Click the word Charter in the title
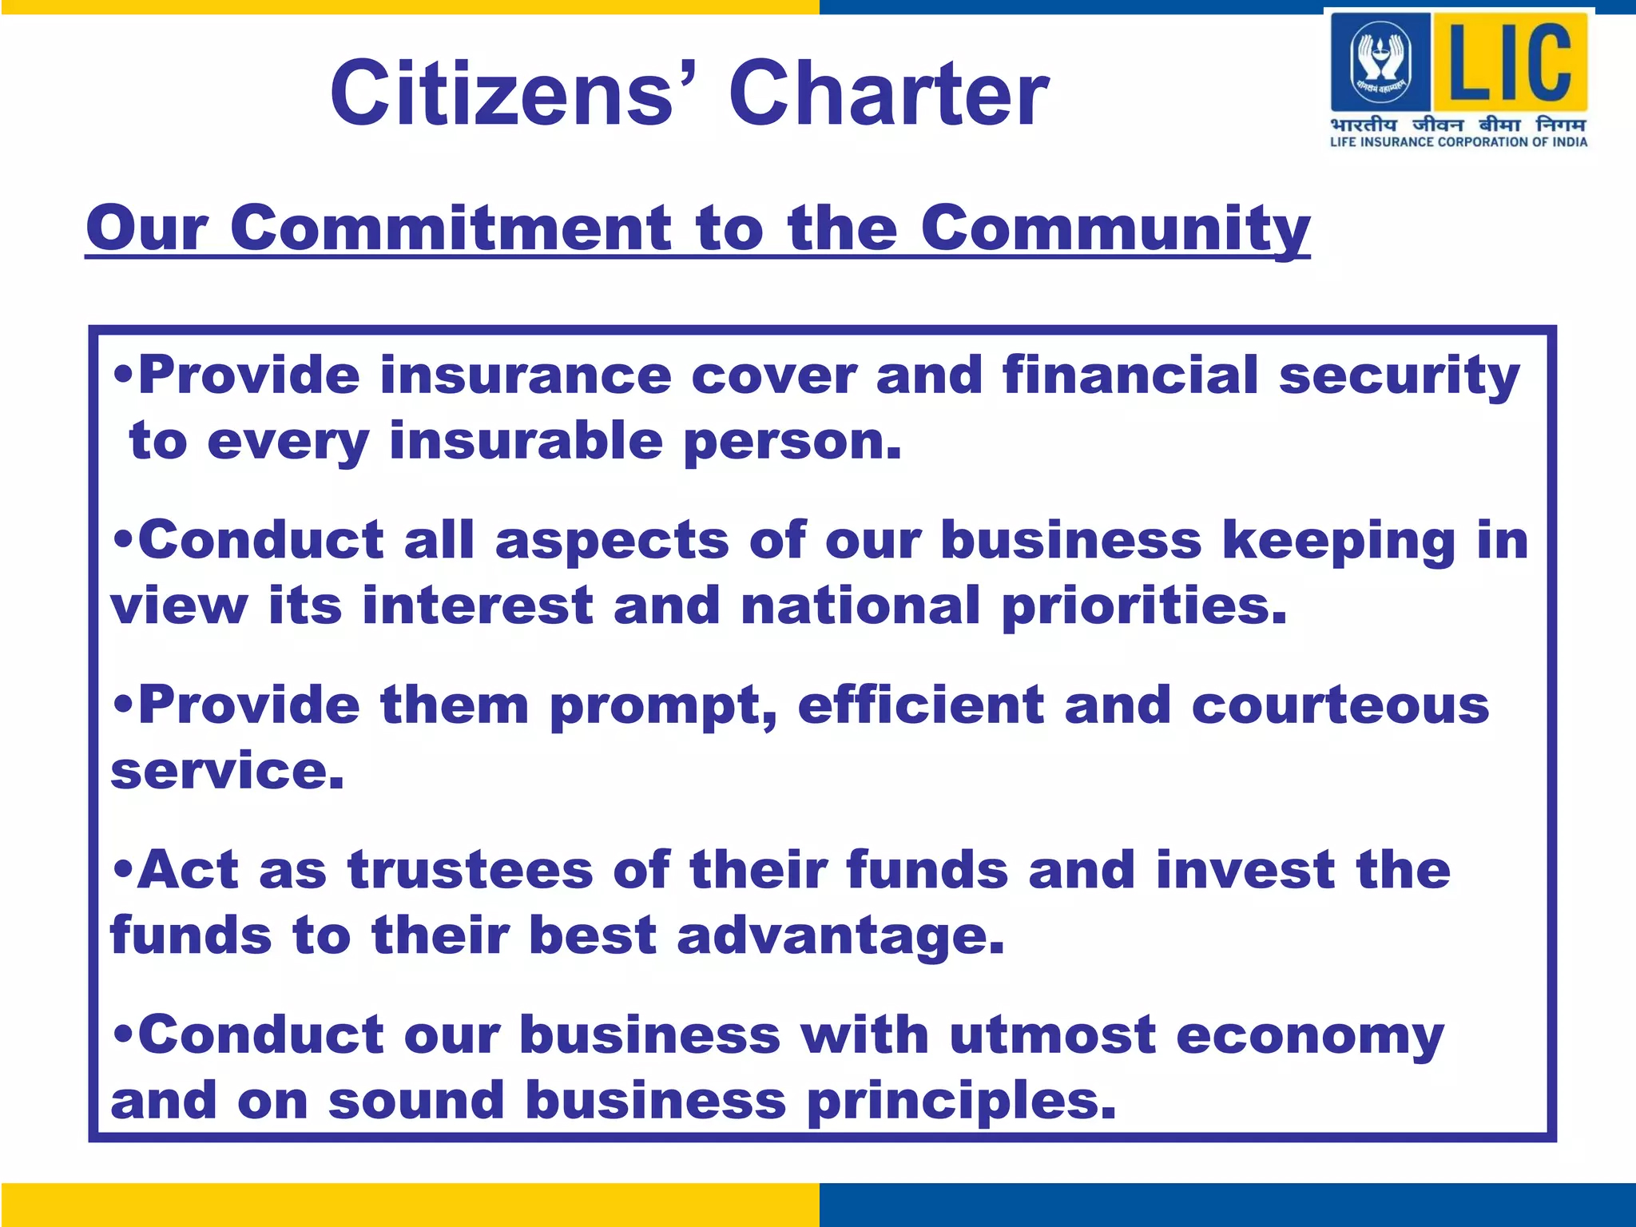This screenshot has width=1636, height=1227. (888, 94)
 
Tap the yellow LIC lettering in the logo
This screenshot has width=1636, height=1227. (1509, 61)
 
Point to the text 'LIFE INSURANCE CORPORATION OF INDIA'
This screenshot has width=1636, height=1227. (1459, 142)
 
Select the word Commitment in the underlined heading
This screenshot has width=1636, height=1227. (451, 228)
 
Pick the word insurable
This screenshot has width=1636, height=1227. (526, 441)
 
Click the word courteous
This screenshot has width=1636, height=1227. (1340, 706)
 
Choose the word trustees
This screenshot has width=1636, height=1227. (470, 870)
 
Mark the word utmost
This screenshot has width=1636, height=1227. (1052, 1035)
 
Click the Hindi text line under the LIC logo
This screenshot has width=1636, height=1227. (1459, 125)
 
